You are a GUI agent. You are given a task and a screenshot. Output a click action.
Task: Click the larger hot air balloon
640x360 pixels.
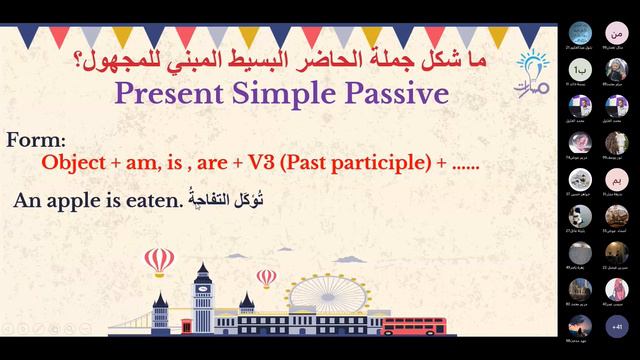click(159, 261)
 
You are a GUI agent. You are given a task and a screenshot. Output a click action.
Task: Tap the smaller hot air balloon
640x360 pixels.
click(266, 277)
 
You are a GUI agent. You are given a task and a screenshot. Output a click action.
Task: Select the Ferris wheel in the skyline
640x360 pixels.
click(314, 300)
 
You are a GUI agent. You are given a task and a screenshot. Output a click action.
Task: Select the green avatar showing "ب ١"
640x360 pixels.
click(578, 68)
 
